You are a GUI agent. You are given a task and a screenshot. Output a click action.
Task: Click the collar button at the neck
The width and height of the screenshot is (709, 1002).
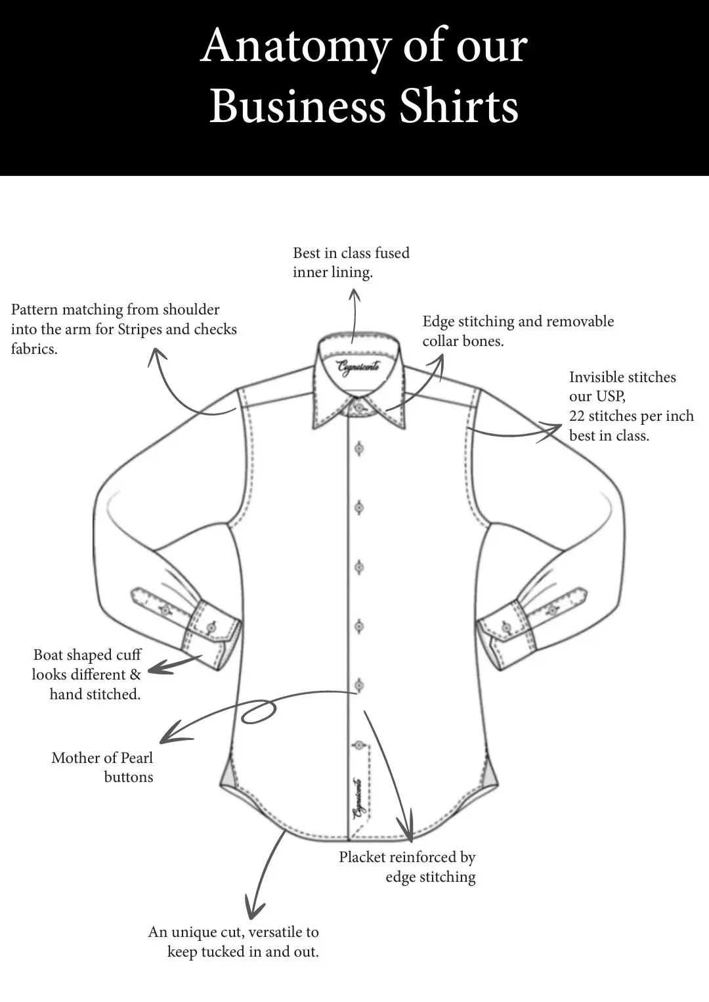pyautogui.click(x=359, y=408)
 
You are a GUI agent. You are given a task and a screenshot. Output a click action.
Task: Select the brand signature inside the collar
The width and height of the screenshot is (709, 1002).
pyautogui.click(x=358, y=368)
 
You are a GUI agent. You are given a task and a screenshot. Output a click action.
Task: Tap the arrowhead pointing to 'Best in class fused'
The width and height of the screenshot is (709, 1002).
pyautogui.click(x=354, y=294)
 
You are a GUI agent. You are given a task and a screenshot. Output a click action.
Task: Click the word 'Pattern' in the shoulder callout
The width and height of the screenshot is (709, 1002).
pyautogui.click(x=38, y=309)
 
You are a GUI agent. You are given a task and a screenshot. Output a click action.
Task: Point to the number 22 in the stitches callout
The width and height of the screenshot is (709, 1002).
pyautogui.click(x=576, y=416)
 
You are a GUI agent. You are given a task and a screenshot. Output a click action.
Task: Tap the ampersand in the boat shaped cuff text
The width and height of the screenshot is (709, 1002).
pyautogui.click(x=135, y=674)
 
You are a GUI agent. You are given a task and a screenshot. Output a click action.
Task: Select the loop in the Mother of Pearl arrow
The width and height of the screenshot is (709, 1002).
pyautogui.click(x=259, y=712)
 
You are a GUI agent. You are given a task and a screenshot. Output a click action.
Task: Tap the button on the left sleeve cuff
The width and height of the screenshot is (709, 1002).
pyautogui.click(x=213, y=628)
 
